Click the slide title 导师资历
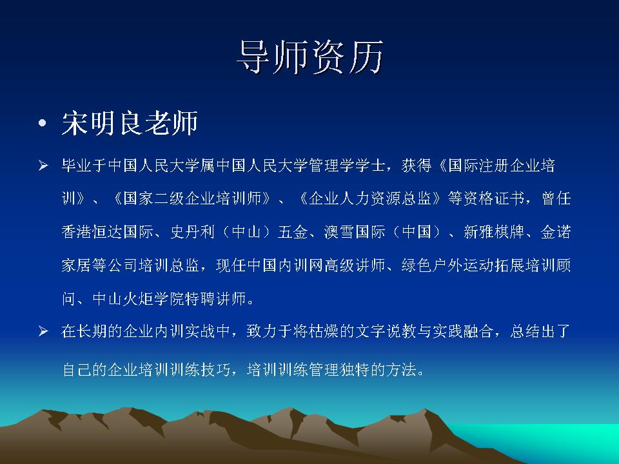(310, 57)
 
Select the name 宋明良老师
(130, 123)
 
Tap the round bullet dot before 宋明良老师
(43, 124)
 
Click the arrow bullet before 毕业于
(43, 166)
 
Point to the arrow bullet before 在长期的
(43, 331)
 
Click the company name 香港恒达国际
(108, 231)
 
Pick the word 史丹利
(193, 231)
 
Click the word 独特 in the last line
(355, 370)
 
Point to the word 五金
(293, 231)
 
